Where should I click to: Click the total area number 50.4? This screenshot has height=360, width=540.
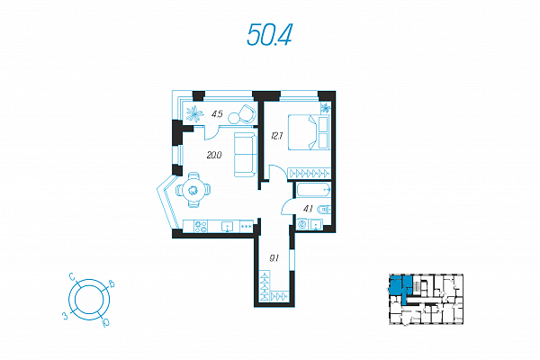[269, 35]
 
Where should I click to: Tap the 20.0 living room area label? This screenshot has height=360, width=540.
[214, 155]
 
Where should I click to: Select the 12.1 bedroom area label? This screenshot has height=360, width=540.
[277, 136]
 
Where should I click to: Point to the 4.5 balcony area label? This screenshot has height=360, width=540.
[217, 113]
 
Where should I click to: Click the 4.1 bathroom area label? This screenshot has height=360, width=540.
[308, 209]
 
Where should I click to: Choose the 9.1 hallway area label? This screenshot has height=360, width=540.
[274, 258]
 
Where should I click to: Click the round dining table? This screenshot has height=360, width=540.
[193, 190]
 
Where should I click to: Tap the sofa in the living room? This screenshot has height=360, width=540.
[246, 155]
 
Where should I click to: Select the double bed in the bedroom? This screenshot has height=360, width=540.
[309, 132]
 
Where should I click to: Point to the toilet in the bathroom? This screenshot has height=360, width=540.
[325, 209]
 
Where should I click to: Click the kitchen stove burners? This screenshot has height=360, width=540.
[201, 227]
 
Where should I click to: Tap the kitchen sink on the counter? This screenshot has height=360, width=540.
[228, 227]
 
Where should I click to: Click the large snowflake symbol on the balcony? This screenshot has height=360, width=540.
[195, 114]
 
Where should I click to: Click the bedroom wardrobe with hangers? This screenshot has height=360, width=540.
[309, 173]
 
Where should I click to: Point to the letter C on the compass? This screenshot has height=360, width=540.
[72, 276]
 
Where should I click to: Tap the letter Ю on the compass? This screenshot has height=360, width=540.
[106, 323]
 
